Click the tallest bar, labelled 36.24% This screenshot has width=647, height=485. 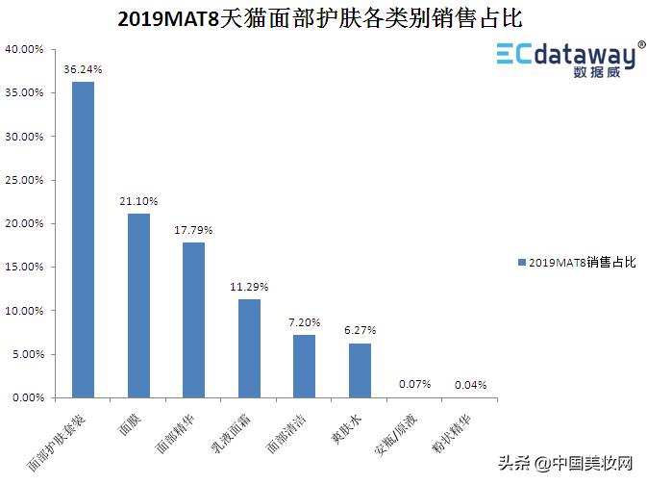(84, 240)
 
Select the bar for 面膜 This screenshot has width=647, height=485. (138, 305)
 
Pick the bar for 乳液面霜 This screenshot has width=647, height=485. (249, 348)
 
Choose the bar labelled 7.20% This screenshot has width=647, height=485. (304, 366)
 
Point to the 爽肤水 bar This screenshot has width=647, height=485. (360, 370)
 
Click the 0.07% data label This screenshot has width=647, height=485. (414, 385)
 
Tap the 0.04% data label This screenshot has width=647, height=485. (469, 385)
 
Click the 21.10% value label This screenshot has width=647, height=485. (138, 201)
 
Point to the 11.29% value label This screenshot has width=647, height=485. (249, 287)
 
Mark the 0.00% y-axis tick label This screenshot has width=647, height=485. (27, 397)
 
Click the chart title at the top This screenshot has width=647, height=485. (324, 19)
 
